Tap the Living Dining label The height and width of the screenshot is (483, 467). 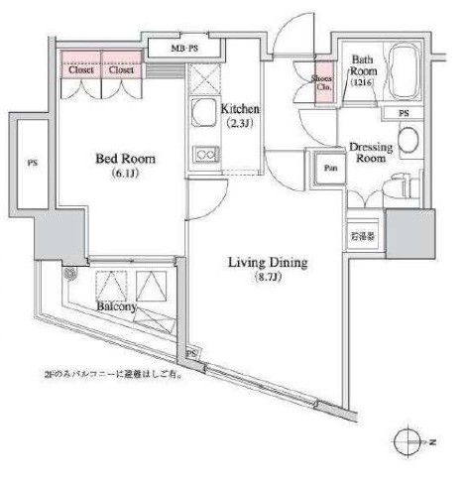tap(268, 263)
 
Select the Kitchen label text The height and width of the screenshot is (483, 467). tap(241, 108)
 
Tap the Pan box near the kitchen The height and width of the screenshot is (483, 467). tap(329, 169)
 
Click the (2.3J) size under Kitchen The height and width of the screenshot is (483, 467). tap(241, 125)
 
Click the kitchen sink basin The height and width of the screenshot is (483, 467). tap(204, 113)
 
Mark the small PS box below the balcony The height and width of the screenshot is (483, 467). tap(190, 352)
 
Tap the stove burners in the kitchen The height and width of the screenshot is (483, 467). tap(205, 154)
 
